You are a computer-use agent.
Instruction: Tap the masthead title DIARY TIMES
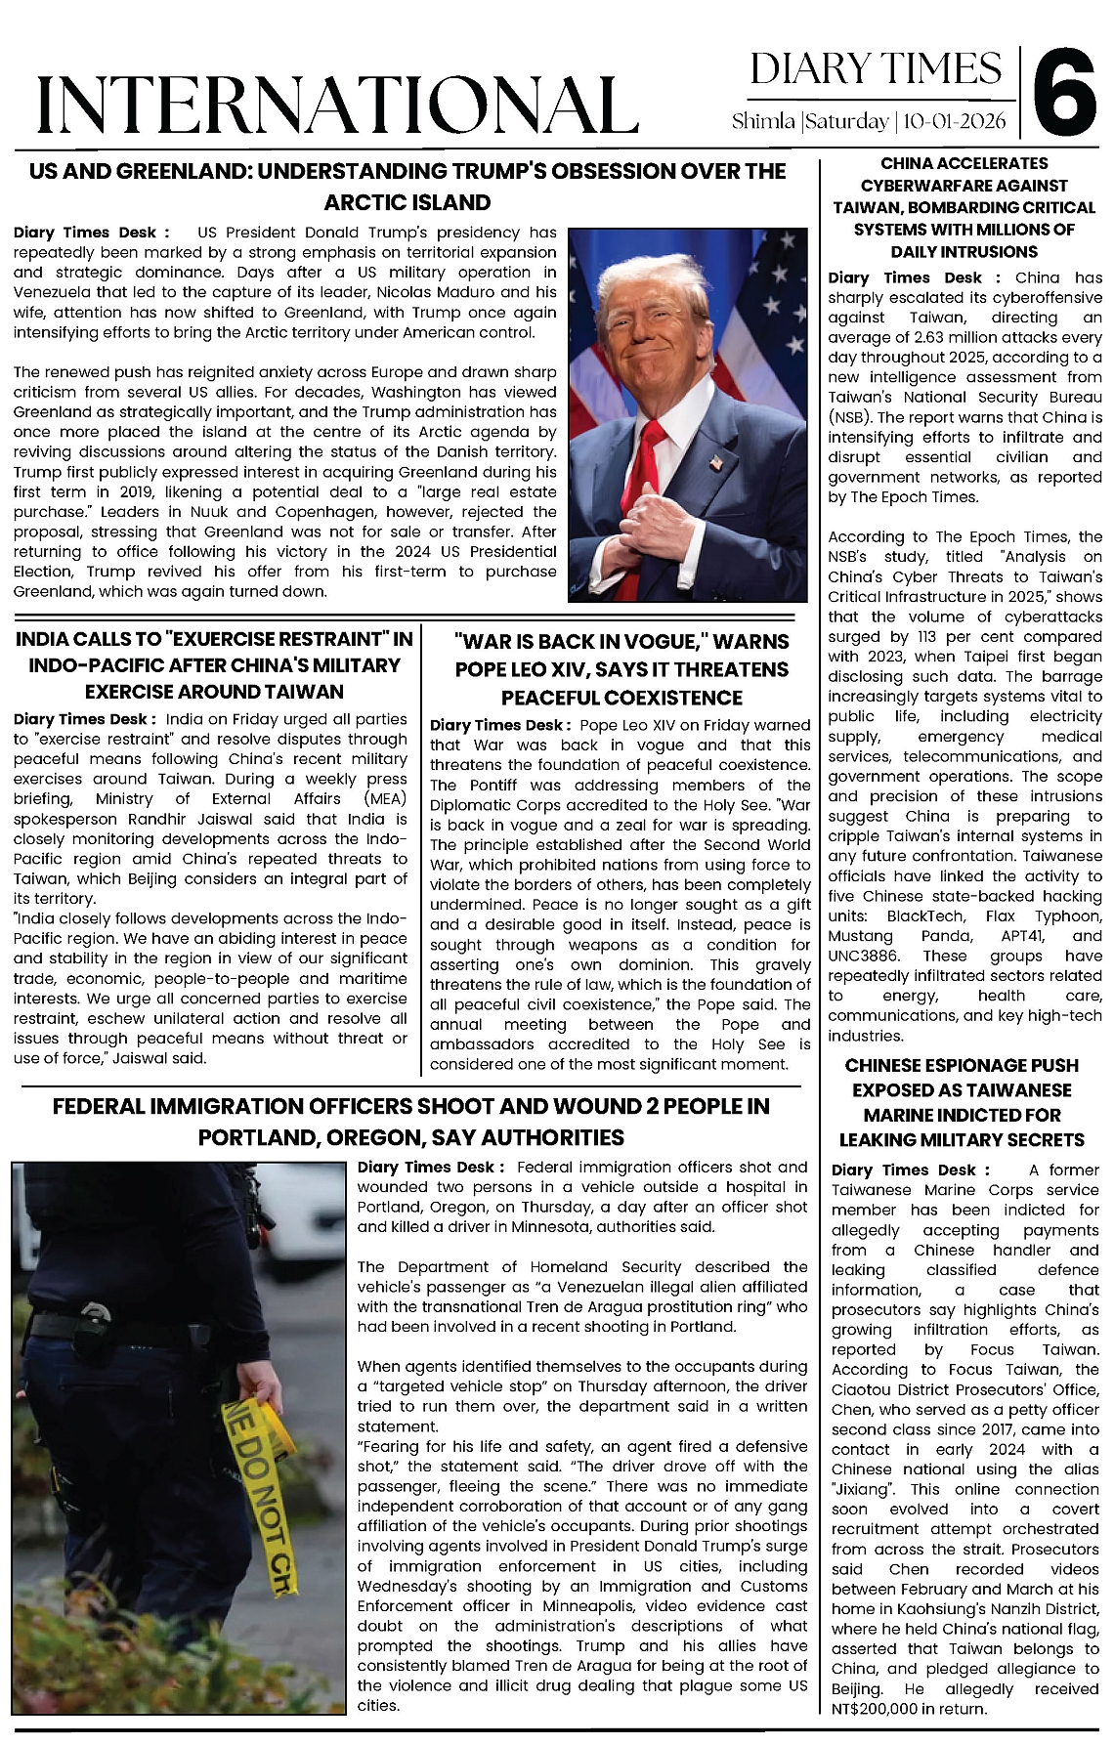click(x=876, y=68)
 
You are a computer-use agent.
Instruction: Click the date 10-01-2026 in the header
click(x=955, y=122)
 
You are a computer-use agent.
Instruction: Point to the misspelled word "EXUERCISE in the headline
click(x=221, y=639)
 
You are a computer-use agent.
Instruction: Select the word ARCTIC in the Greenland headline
click(x=364, y=202)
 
